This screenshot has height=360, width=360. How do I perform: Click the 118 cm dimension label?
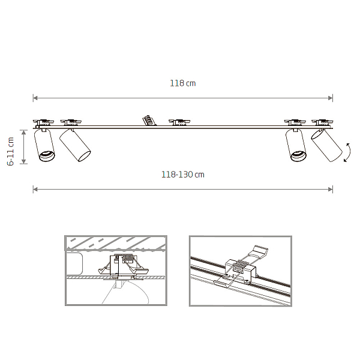(183, 83)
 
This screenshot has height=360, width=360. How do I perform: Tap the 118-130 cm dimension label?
(183, 175)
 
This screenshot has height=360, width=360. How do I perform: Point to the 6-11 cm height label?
(11, 151)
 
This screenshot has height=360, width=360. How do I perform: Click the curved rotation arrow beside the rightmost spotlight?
(347, 152)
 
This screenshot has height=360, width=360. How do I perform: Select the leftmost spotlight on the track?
(44, 145)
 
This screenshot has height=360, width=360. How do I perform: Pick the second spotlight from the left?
(75, 145)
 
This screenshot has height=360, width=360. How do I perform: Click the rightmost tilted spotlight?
(327, 145)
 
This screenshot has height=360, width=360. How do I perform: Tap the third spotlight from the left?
(296, 145)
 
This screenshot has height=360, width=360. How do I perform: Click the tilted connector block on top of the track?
(149, 121)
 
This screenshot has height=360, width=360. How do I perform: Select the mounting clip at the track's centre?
(179, 122)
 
